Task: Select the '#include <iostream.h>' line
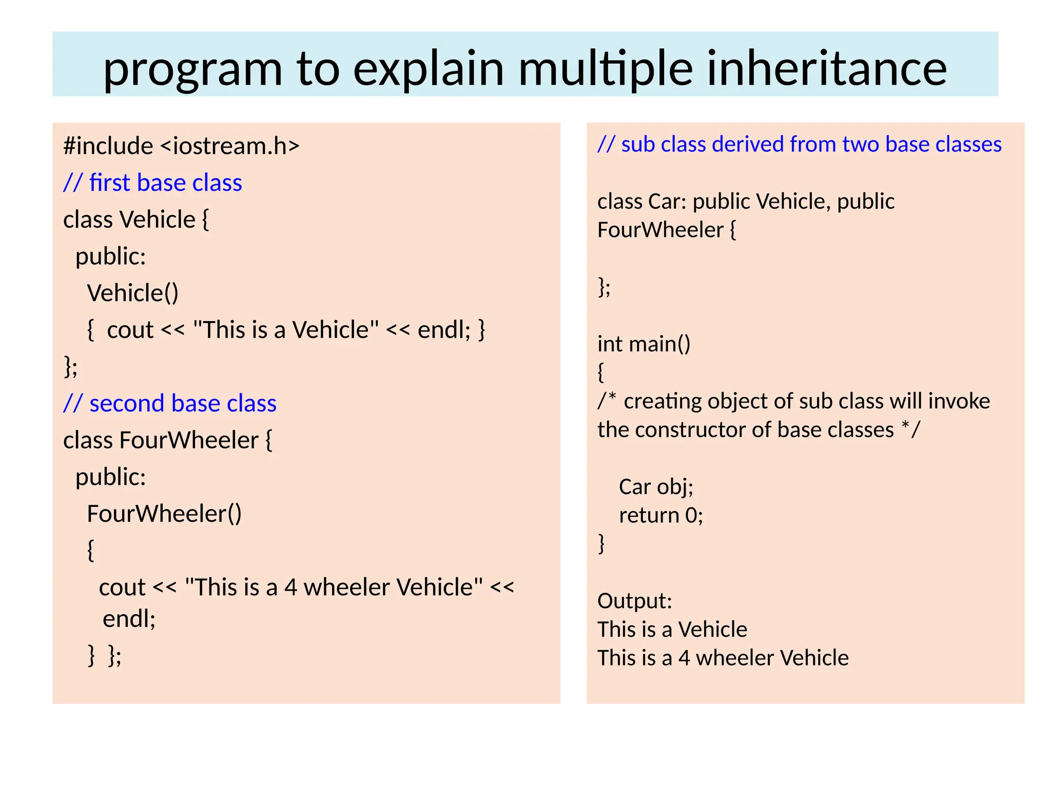pyautogui.click(x=181, y=146)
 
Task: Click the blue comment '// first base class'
pyautogui.click(x=152, y=183)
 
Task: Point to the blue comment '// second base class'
pyautogui.click(x=170, y=404)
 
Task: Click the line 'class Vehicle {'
pyautogui.click(x=136, y=220)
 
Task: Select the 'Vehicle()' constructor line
pyautogui.click(x=133, y=293)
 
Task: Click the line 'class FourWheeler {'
pyautogui.click(x=168, y=441)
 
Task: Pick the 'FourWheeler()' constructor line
pyautogui.click(x=164, y=514)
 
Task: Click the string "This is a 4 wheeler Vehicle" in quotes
pyautogui.click(x=334, y=587)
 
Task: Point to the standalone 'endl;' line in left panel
pyautogui.click(x=129, y=619)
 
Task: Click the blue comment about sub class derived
pyautogui.click(x=799, y=145)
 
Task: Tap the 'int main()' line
pyautogui.click(x=644, y=344)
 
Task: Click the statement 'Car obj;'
pyautogui.click(x=656, y=487)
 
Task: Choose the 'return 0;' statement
pyautogui.click(x=660, y=515)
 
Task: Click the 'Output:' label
pyautogui.click(x=634, y=601)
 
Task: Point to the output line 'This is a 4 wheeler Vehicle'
pyautogui.click(x=723, y=658)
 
